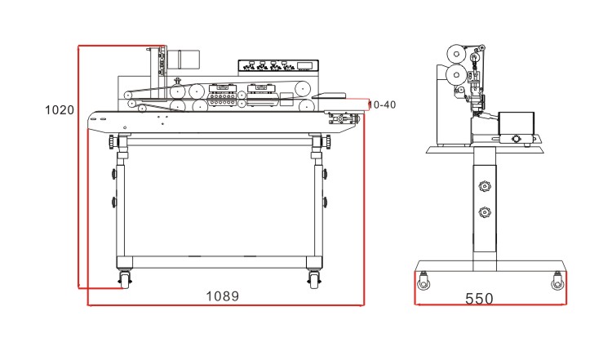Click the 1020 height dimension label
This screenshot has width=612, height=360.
coord(60,109)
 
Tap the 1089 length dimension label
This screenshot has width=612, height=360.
coord(222,296)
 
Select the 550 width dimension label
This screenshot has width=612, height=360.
coord(479,299)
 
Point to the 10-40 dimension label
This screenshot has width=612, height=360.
coord(382,104)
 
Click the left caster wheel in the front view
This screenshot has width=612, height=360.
coord(125,280)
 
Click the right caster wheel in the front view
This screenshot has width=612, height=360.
coord(313,280)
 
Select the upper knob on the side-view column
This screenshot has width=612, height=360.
coord(485,186)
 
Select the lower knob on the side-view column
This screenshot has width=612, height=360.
coord(485,213)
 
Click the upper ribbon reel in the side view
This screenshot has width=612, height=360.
coord(456,54)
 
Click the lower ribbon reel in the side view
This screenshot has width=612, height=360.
coord(456,74)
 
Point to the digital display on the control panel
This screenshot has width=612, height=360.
coord(304,65)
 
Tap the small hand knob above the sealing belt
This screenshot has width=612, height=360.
coord(178,81)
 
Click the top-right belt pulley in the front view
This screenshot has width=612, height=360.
coord(303,89)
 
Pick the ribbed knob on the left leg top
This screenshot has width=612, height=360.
coord(112,141)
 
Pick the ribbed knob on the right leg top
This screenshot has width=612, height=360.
coord(327,141)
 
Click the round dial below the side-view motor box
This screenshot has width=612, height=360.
coord(516,139)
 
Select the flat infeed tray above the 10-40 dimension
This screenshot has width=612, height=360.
coord(329,96)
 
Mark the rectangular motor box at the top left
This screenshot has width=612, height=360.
coord(189,58)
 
